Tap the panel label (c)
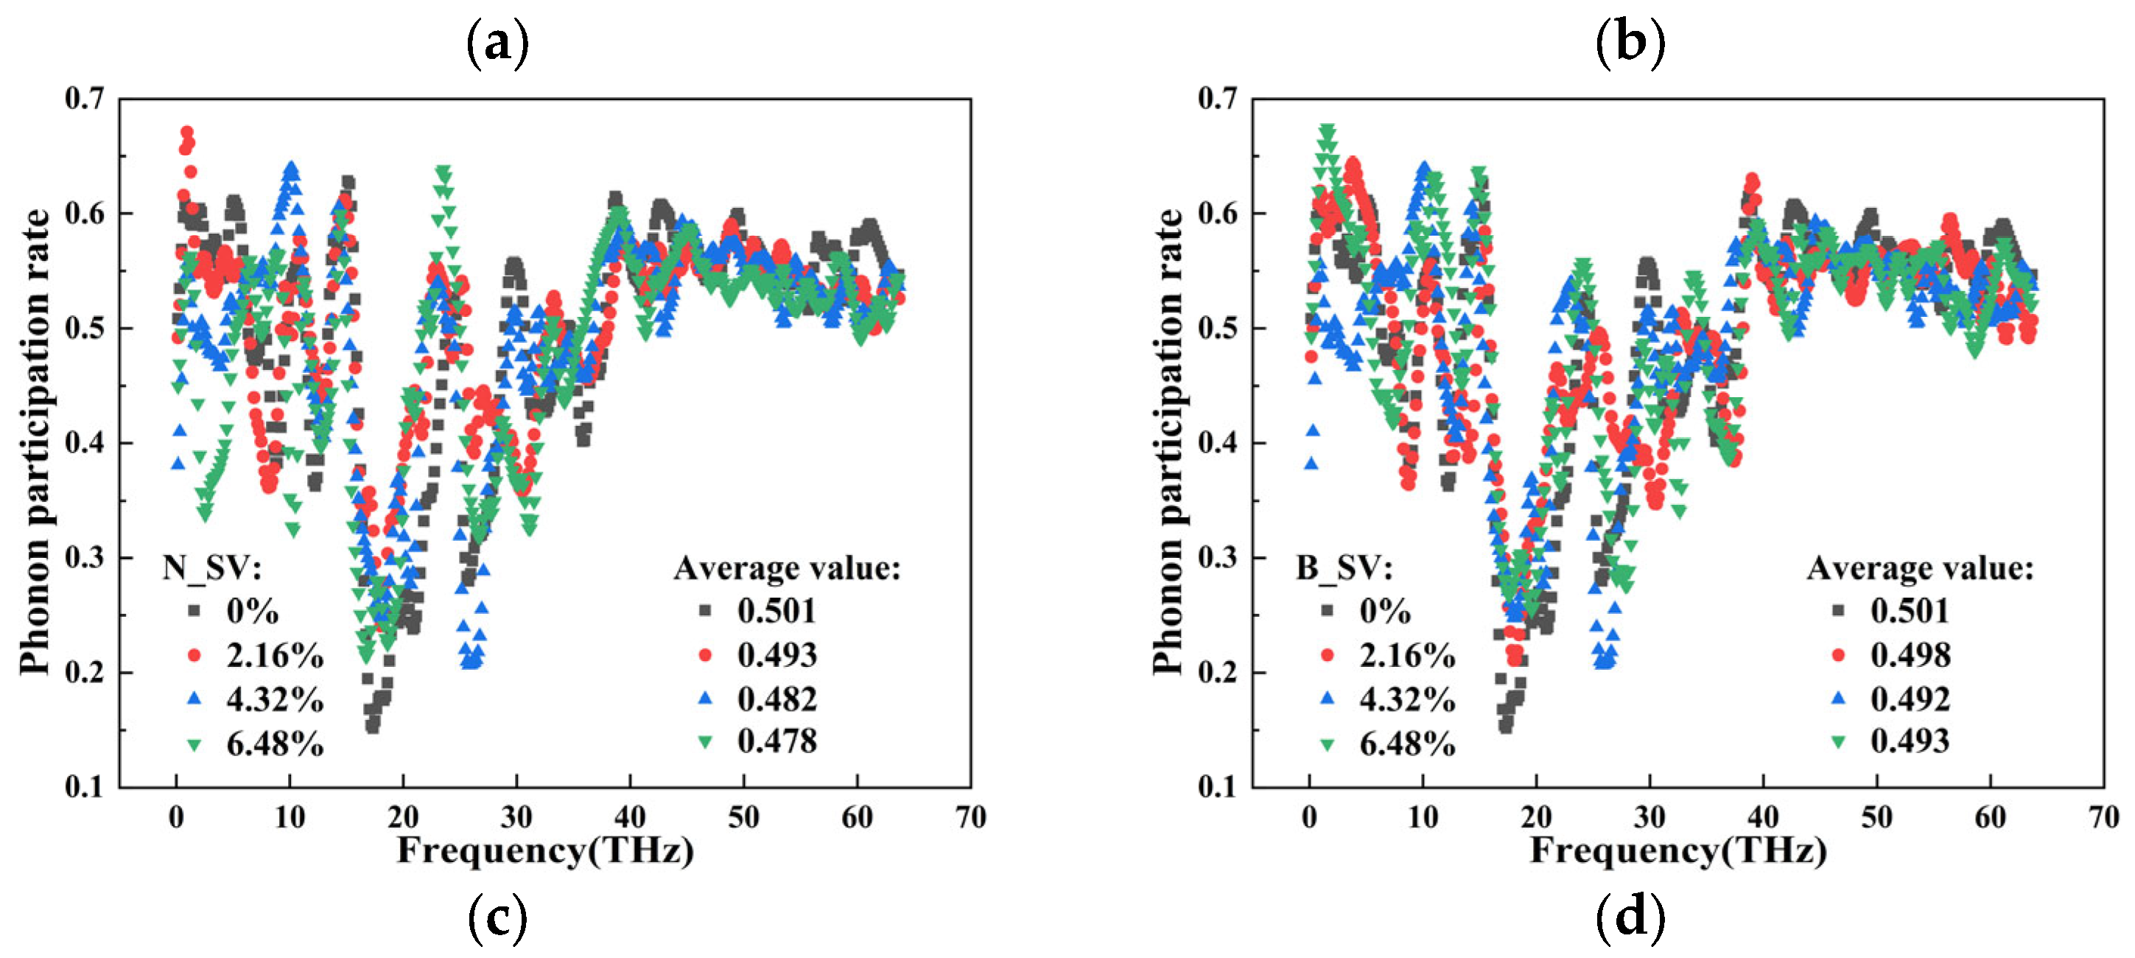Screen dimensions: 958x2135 497,918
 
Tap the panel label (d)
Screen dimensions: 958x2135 1630,918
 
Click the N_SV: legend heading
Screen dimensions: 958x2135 212,568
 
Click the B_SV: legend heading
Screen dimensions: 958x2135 1345,568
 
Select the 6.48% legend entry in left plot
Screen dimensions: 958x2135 273,744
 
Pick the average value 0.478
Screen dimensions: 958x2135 776,741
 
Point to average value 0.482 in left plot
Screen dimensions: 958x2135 776,699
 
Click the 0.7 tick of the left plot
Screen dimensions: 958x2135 85,99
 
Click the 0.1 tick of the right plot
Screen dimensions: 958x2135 1218,786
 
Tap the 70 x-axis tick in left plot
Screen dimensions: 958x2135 970,818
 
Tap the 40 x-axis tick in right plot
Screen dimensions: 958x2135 1763,818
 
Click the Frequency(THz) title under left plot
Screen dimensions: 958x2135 544,851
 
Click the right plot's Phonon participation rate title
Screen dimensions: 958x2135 1168,441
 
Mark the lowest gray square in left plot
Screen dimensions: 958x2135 373,727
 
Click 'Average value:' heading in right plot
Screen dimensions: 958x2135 1920,568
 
